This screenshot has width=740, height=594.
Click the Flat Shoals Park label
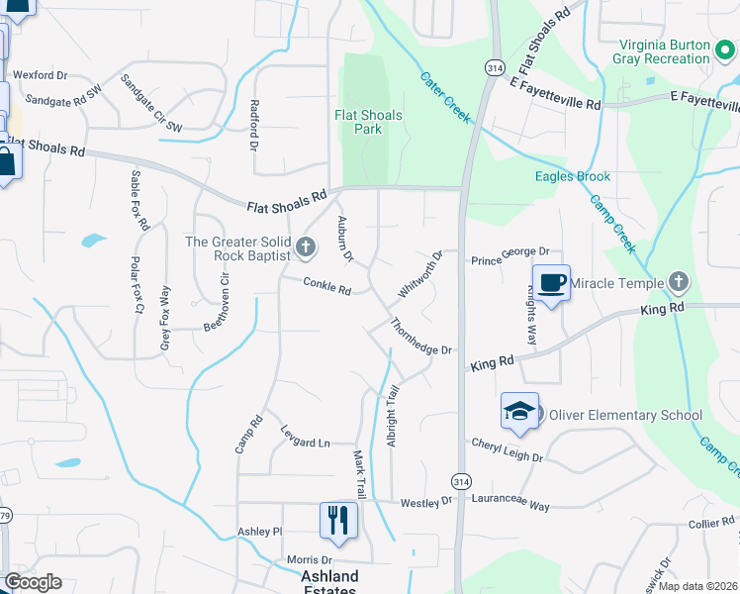368,123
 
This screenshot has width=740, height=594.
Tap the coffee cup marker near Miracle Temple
552,284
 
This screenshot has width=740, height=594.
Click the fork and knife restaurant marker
338,520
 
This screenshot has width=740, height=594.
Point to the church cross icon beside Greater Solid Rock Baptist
305,247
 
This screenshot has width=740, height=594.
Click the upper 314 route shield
493,66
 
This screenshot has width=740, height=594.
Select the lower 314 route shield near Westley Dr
460,480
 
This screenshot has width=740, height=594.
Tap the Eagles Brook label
573,176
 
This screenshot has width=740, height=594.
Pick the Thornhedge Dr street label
420,338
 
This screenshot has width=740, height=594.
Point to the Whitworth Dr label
418,274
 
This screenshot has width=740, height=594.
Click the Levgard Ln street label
305,443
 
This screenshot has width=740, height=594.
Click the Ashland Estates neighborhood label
329,582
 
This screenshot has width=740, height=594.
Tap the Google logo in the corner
33,582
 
